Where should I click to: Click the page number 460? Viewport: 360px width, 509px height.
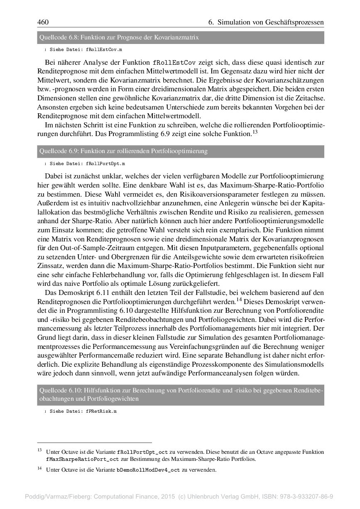point(43,22)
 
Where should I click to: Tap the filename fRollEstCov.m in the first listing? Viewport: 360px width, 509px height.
point(104,49)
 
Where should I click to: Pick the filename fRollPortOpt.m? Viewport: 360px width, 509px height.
point(105,163)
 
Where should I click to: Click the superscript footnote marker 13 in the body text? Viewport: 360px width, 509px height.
point(255,132)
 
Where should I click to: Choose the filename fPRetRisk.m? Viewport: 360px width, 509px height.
point(101,411)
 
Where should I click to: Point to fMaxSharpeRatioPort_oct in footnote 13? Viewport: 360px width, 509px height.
point(83,459)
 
